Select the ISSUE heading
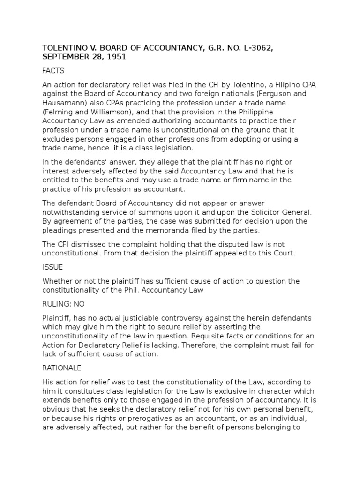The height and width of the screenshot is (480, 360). coord(52,267)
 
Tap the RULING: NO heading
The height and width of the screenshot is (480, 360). coord(63,304)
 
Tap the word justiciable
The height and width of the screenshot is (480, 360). coord(156,318)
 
